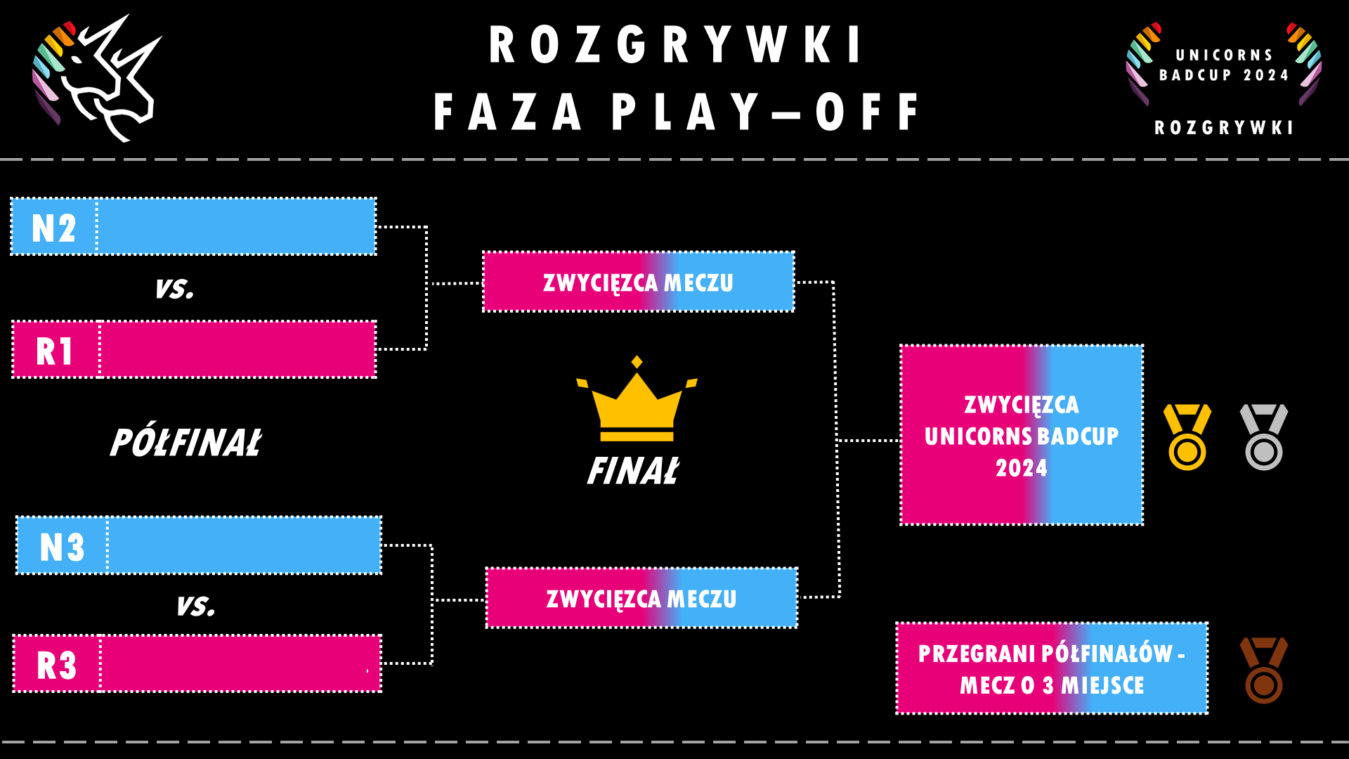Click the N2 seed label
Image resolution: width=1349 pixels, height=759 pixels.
pyautogui.click(x=54, y=228)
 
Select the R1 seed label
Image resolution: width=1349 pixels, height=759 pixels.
pyautogui.click(x=56, y=351)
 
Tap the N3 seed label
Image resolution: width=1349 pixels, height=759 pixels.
pyautogui.click(x=62, y=547)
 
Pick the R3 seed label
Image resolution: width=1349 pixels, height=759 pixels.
pyautogui.click(x=57, y=665)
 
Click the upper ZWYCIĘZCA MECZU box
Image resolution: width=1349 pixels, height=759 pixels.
pyautogui.click(x=638, y=282)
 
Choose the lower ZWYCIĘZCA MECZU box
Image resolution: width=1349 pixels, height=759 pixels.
pyautogui.click(x=641, y=598)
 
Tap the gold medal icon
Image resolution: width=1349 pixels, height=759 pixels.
pyautogui.click(x=1187, y=437)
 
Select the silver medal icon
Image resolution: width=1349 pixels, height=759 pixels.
pyautogui.click(x=1263, y=437)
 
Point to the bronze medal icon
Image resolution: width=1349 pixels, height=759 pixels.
pyautogui.click(x=1263, y=670)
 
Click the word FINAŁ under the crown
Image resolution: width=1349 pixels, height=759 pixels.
pyautogui.click(x=633, y=472)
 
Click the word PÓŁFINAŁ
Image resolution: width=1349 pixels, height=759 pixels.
pyautogui.click(x=185, y=443)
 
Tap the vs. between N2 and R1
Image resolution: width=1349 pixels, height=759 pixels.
pyautogui.click(x=174, y=288)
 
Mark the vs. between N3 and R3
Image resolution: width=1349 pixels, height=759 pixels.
pyautogui.click(x=195, y=606)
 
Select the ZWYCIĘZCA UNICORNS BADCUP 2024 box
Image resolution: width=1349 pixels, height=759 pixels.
pyautogui.click(x=1021, y=435)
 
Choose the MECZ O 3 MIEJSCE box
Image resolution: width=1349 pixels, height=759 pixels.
pyautogui.click(x=1051, y=668)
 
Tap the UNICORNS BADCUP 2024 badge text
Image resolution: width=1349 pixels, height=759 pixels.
pyautogui.click(x=1223, y=65)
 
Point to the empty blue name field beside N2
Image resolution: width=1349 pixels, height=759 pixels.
pyautogui.click(x=236, y=226)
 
